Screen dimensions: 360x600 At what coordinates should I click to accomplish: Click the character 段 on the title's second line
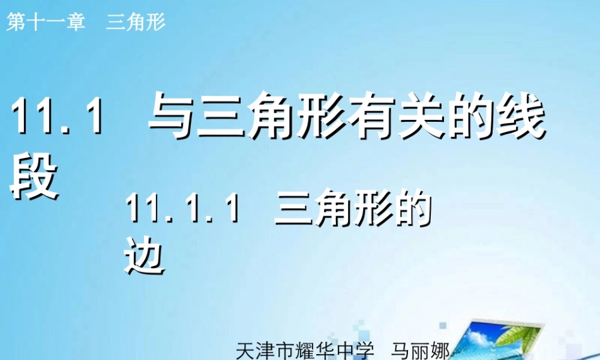click(35, 176)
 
